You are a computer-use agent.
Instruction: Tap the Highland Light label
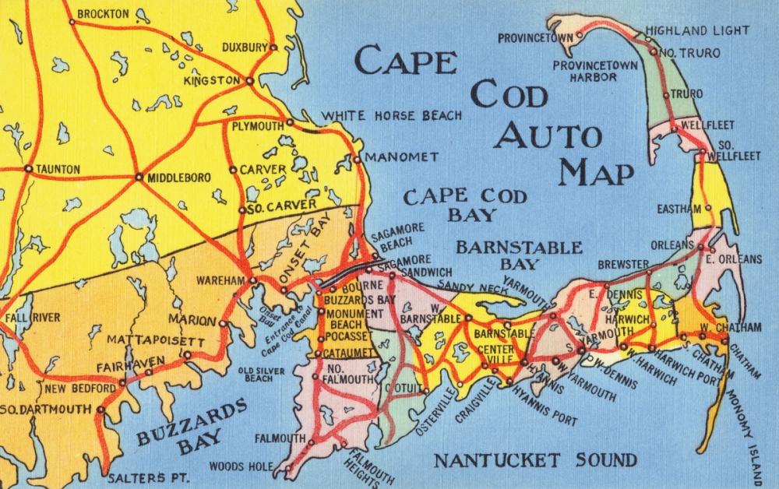(x=707, y=30)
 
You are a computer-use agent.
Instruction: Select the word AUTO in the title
(x=550, y=136)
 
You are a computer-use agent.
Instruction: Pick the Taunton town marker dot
(x=28, y=167)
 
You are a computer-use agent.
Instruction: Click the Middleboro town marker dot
(x=139, y=177)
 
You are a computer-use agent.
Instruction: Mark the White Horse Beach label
(x=393, y=115)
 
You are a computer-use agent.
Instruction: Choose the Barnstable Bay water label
(x=518, y=248)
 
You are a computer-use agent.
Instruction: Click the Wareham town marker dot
(x=252, y=280)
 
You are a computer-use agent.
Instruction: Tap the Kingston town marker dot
(x=249, y=80)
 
